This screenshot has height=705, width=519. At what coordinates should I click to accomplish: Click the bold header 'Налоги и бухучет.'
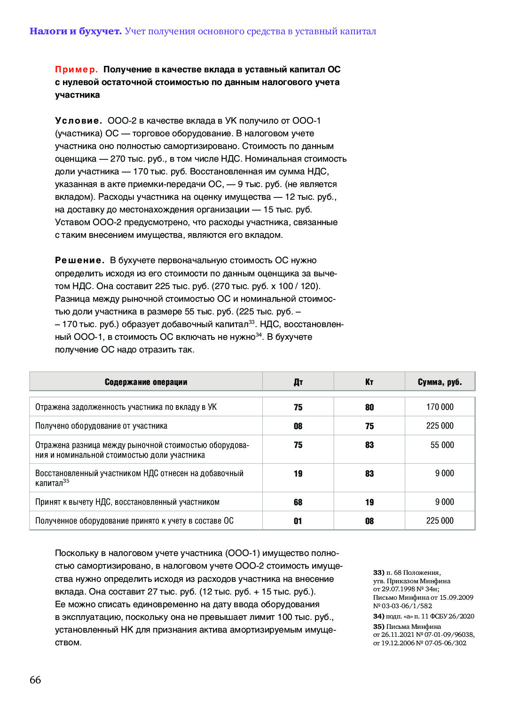click(75, 31)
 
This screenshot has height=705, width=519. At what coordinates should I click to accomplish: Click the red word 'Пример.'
click(76, 70)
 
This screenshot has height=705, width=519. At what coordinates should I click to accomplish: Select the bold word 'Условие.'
click(78, 121)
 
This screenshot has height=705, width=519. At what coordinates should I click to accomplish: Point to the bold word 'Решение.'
click(79, 260)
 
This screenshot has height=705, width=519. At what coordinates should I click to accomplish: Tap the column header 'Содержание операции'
click(146, 382)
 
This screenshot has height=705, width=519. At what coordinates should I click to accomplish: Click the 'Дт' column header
click(298, 382)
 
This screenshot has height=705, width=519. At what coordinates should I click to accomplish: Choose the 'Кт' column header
click(370, 382)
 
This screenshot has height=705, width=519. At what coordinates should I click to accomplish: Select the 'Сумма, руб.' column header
click(440, 382)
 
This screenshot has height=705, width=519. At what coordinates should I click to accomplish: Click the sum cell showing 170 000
click(440, 407)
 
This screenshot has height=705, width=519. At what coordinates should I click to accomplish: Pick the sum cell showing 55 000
click(442, 445)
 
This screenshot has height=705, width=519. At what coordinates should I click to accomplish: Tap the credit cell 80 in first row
click(370, 407)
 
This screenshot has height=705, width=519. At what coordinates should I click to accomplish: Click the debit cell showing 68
click(298, 502)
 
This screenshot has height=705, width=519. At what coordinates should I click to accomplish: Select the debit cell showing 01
click(298, 521)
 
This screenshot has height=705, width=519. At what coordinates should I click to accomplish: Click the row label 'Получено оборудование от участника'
click(101, 426)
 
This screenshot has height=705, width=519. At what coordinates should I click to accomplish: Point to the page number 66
click(35, 680)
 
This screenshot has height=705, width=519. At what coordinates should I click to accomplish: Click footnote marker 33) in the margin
click(378, 572)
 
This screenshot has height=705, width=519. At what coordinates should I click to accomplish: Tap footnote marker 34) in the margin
click(378, 616)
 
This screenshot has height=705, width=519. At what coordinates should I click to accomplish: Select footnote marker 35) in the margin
click(378, 627)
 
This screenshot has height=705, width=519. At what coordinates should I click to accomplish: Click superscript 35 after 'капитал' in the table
click(66, 481)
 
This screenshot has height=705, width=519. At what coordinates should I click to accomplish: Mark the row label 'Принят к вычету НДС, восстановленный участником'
click(127, 502)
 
